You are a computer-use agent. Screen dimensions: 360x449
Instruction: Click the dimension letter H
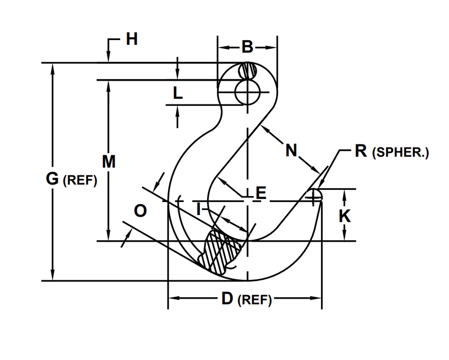(132, 39)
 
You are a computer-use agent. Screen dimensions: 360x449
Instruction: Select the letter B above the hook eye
(248, 47)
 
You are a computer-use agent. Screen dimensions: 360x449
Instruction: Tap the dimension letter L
(177, 93)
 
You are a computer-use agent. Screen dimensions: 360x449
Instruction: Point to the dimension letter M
(108, 161)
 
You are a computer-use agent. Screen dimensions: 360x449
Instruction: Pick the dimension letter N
(291, 151)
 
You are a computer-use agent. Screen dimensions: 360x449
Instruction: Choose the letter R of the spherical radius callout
(360, 151)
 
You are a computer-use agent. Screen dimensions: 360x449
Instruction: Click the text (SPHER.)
(400, 153)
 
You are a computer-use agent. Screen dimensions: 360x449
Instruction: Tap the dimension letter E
(260, 193)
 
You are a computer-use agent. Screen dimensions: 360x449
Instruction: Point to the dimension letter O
(140, 210)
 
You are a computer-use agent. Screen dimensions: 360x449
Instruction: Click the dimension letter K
(345, 217)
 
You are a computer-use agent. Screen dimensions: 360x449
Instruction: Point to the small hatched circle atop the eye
(248, 71)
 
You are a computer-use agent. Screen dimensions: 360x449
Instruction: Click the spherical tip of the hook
(314, 195)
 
